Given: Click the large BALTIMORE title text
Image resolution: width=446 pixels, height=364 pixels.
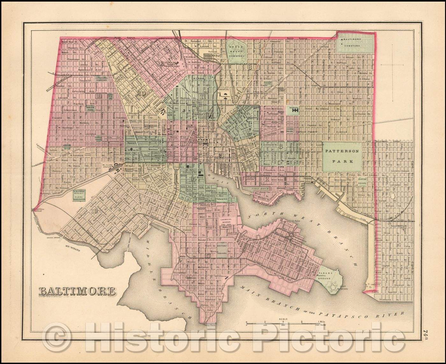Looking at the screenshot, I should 77,291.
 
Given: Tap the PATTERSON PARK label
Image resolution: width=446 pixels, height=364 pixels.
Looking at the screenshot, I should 343,156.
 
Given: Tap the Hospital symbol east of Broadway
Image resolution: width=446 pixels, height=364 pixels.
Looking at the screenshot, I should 295,110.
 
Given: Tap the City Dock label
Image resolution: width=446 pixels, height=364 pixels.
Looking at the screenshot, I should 258,189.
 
